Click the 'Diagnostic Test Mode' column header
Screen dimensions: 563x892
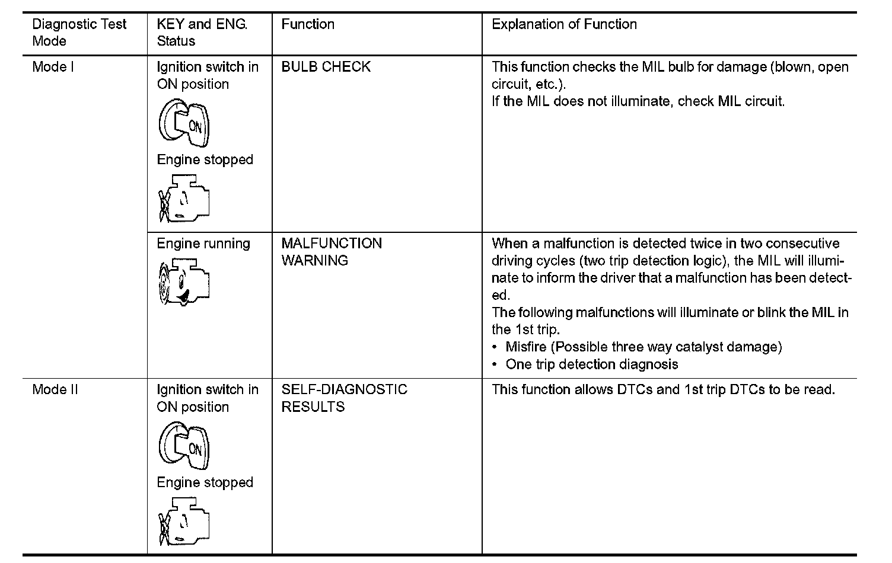coord(79,33)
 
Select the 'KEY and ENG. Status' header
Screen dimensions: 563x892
coord(202,33)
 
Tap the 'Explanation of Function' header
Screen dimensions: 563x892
coord(564,24)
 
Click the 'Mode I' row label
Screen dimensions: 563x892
coord(53,67)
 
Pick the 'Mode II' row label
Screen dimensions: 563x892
coord(55,389)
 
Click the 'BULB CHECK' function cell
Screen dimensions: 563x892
coord(326,67)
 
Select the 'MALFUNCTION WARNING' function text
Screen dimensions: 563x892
coord(332,252)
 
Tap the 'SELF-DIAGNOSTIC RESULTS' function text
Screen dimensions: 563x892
coord(344,398)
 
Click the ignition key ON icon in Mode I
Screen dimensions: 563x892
coord(184,123)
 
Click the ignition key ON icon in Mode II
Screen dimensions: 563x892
coord(184,446)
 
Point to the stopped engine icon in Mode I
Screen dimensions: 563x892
coord(184,199)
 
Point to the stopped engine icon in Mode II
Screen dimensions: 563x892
coord(184,522)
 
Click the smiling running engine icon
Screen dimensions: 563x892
coord(184,282)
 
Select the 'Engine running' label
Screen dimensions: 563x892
coord(203,244)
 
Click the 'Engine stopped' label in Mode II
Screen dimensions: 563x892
coord(205,482)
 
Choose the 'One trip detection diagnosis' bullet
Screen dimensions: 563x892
coord(591,364)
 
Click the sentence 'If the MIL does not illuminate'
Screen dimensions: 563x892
coord(638,101)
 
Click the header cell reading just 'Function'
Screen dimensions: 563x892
coord(308,24)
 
